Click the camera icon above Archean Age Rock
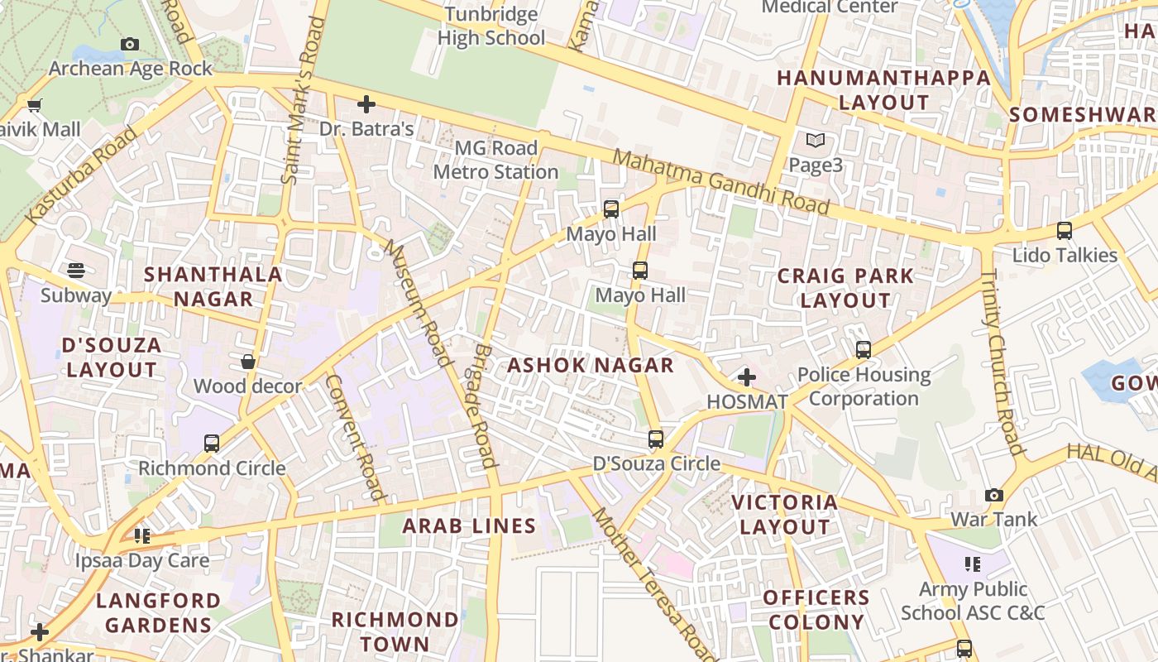click(130, 44)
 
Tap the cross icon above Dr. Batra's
click(366, 104)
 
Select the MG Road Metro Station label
click(495, 161)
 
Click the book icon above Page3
click(816, 141)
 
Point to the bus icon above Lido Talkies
click(1065, 231)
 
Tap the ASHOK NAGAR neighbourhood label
click(591, 365)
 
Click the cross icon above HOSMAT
click(746, 377)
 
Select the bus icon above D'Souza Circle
click(656, 439)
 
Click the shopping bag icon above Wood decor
click(247, 362)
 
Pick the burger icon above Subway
click(76, 271)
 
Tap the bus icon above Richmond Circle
click(212, 444)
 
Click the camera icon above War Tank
click(993, 496)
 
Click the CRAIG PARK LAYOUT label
click(845, 288)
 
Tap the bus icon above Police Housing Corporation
click(864, 350)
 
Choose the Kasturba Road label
click(81, 175)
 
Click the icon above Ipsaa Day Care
click(142, 536)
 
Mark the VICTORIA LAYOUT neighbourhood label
click(785, 514)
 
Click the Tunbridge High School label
click(491, 26)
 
